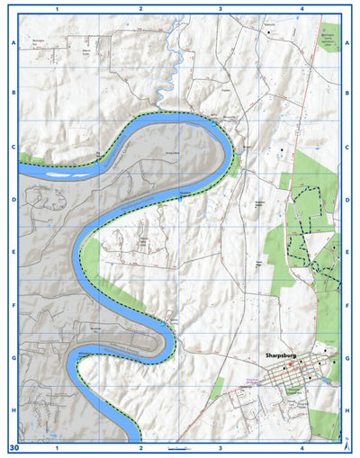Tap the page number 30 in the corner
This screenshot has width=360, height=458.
[x=13, y=446]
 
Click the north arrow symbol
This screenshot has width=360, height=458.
[x=346, y=444]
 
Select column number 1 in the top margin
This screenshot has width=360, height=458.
[x=58, y=8]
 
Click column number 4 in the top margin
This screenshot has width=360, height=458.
[x=302, y=8]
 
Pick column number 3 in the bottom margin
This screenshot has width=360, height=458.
[x=220, y=447]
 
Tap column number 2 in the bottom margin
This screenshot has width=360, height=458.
[x=140, y=447]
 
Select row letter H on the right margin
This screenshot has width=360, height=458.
[x=347, y=411]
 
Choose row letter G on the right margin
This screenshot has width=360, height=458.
[x=347, y=358]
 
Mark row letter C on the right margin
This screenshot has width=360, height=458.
[x=347, y=147]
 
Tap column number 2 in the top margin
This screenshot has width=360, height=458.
[x=140, y=8]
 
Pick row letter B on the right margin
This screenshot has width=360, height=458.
[x=347, y=93]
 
